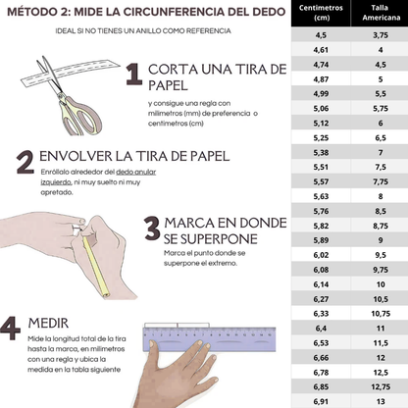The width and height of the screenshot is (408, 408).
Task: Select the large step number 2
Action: [x=24, y=162]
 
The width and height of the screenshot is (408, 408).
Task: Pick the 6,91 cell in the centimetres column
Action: [x=320, y=401]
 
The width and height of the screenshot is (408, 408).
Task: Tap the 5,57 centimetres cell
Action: [x=320, y=181]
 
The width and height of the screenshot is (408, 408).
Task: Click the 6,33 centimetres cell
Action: [x=320, y=313]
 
